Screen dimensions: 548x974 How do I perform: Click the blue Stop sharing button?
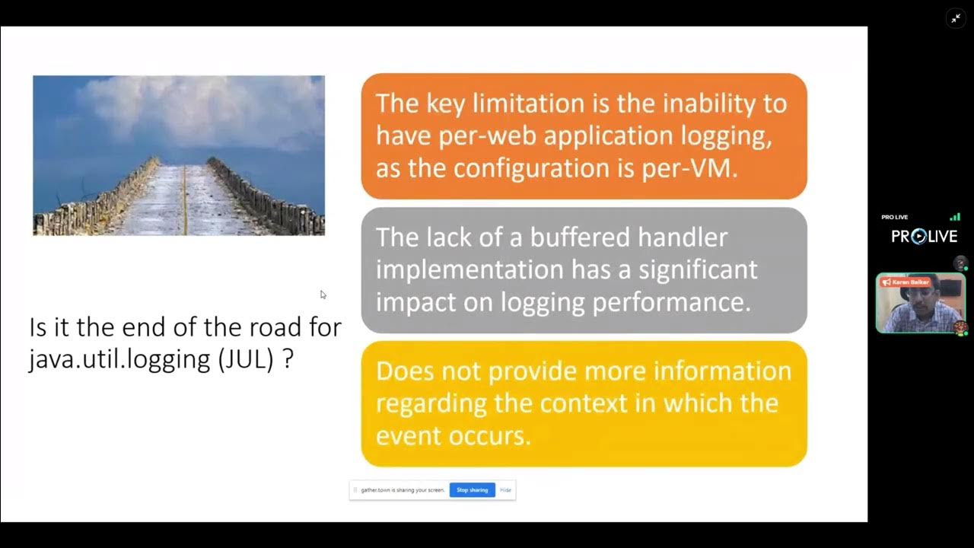click(472, 490)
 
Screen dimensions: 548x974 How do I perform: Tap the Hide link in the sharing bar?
click(505, 490)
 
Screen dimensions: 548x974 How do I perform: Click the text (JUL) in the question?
click(246, 358)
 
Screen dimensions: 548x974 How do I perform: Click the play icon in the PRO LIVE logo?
click(919, 237)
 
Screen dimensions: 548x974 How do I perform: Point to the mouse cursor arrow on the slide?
click(323, 295)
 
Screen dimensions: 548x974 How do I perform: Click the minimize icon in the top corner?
click(956, 18)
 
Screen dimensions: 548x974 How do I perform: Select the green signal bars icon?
click(954, 217)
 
